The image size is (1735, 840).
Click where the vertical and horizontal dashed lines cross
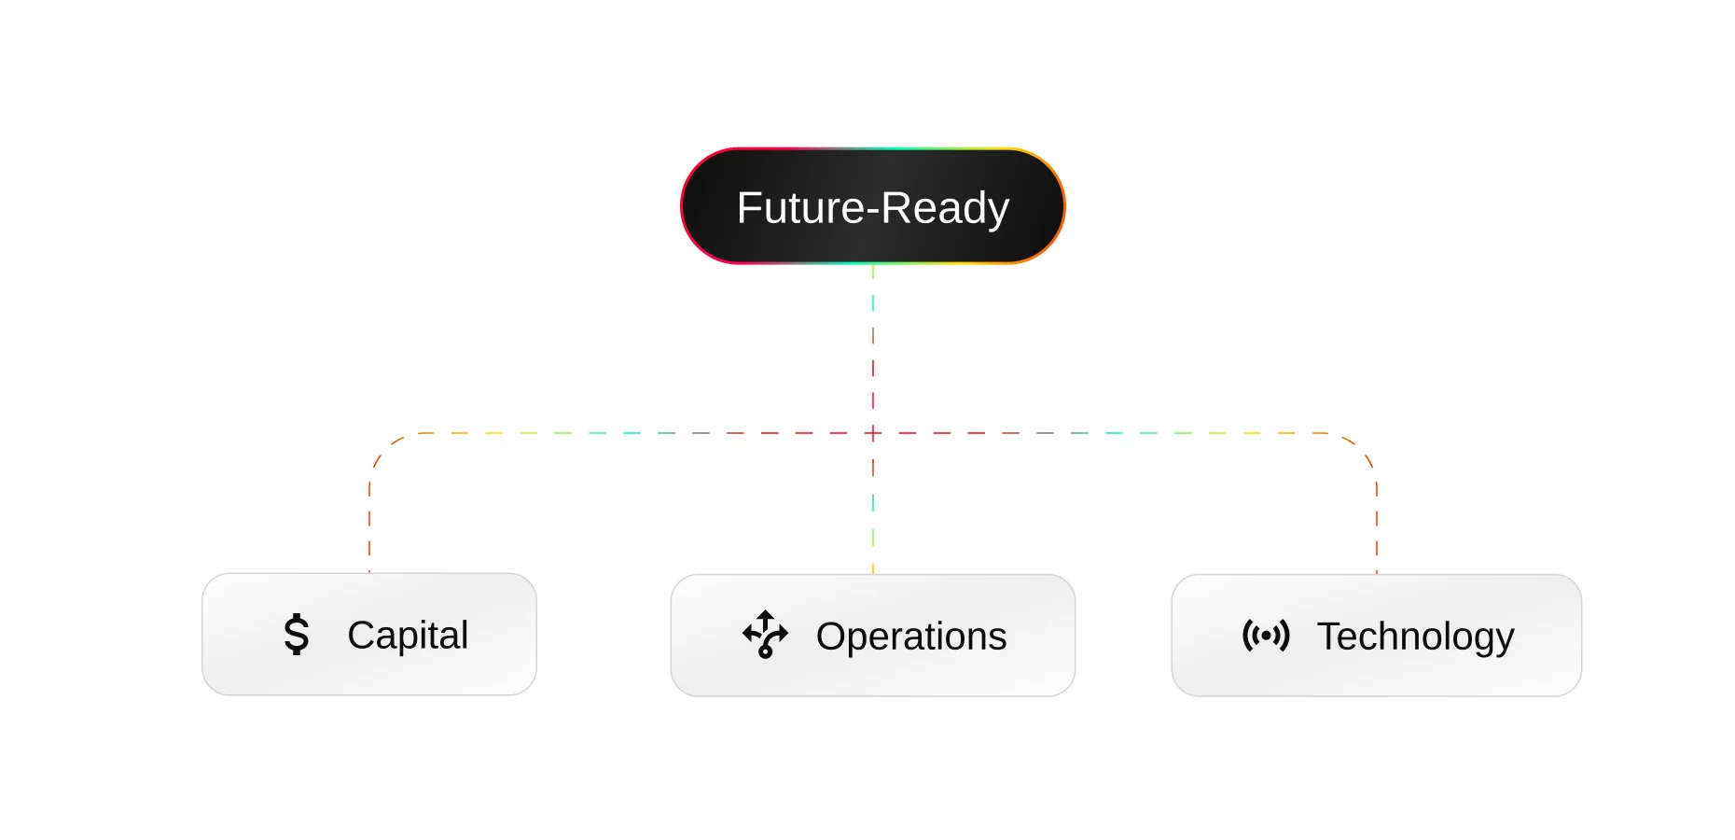click(x=873, y=433)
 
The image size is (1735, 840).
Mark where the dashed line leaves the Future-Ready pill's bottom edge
click(x=873, y=264)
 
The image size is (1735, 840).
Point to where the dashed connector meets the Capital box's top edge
click(x=369, y=573)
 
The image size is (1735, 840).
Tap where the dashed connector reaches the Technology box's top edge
click(x=1377, y=574)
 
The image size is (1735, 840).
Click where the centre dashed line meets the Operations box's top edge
click(x=873, y=574)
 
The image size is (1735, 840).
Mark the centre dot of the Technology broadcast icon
click(x=1266, y=636)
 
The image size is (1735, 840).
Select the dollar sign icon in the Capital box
click(x=297, y=635)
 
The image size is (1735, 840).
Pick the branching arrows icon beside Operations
click(x=766, y=635)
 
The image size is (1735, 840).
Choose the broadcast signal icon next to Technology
click(x=1266, y=636)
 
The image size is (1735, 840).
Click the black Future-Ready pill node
click(x=873, y=206)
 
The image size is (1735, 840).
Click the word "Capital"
click(x=408, y=636)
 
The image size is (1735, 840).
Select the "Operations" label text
click(x=911, y=637)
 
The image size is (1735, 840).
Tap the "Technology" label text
click(x=1415, y=637)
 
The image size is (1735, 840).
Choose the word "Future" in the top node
click(x=800, y=207)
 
